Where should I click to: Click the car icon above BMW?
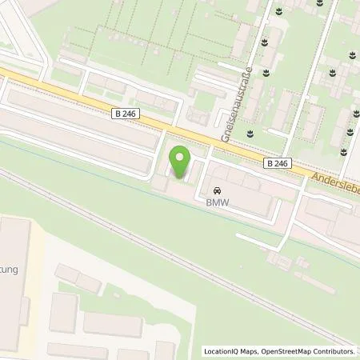(x=216, y=192)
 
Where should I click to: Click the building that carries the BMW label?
(x=240, y=196)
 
